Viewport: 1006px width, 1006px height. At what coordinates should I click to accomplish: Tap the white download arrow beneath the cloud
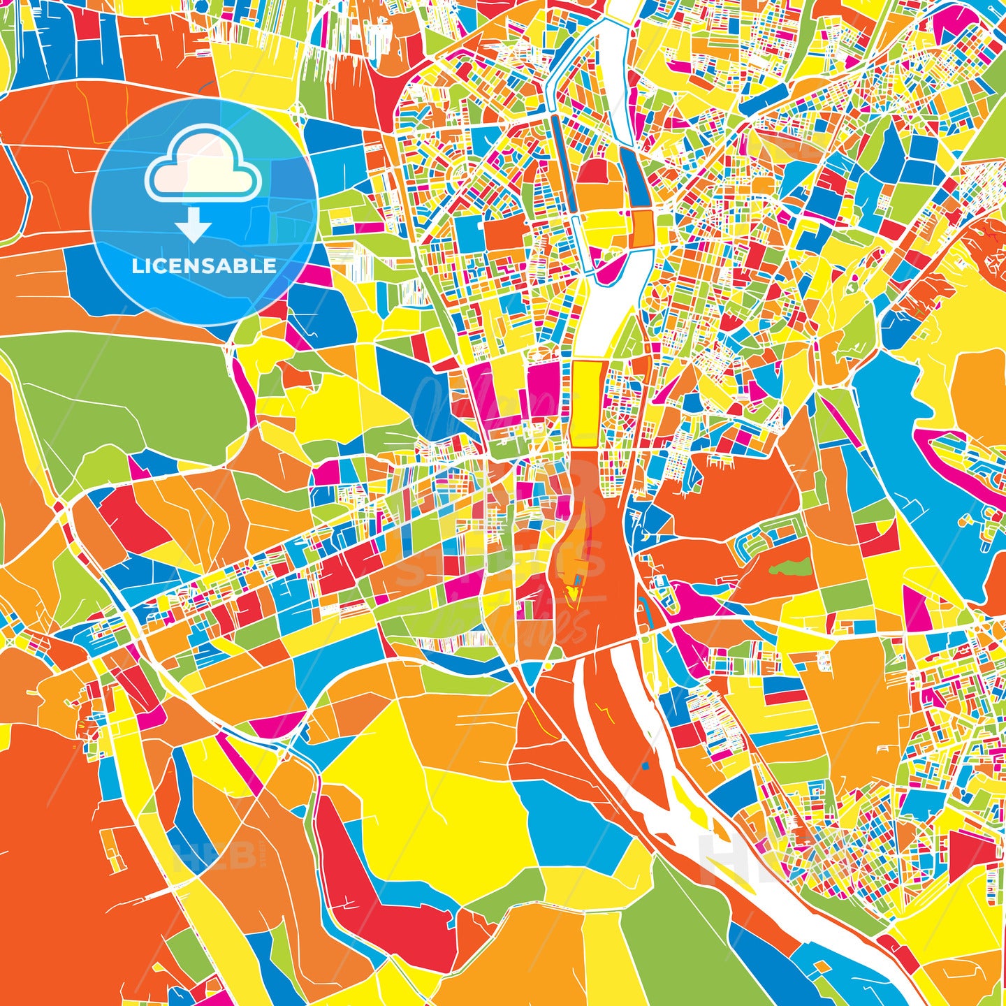click(193, 224)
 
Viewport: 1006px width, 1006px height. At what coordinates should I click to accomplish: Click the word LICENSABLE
click(204, 266)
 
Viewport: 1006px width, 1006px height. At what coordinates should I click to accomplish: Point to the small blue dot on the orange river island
click(645, 766)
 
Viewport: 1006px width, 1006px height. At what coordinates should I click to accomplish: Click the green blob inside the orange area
click(790, 568)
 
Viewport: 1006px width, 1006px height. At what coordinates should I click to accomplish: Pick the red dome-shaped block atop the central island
click(592, 170)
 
